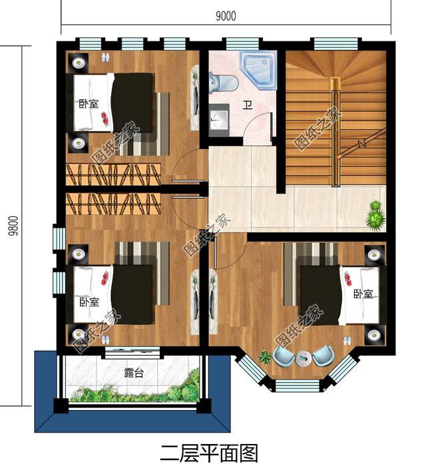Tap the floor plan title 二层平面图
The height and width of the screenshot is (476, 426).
[x=209, y=454]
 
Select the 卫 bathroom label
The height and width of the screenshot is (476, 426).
[x=247, y=105]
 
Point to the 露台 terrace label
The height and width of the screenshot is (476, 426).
[x=134, y=372]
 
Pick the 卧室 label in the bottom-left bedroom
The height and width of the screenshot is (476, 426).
[x=86, y=302]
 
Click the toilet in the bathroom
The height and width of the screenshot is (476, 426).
[x=222, y=83]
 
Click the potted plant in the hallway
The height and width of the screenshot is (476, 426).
[x=375, y=214]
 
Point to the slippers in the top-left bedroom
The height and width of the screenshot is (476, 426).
[x=105, y=57]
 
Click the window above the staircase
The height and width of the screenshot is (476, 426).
[x=336, y=44]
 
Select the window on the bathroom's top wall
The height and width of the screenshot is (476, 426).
[x=238, y=44]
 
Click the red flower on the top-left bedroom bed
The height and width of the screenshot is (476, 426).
[x=105, y=119]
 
